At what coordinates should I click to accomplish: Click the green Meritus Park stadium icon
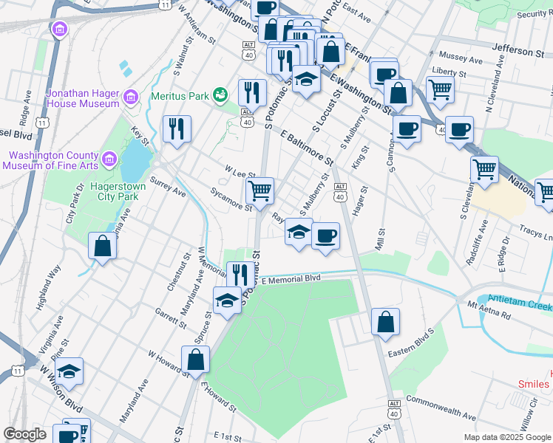click(220, 95)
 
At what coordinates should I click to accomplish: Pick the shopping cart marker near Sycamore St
click(259, 190)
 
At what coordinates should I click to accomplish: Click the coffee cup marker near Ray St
click(325, 236)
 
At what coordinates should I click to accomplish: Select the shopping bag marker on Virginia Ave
click(103, 246)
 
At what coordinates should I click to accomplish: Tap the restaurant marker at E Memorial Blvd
click(237, 275)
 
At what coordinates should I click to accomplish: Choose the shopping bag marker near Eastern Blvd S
click(385, 322)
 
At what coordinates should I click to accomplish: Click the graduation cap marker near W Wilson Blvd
click(69, 371)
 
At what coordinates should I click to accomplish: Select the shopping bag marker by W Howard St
click(196, 360)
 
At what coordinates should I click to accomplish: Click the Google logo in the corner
click(25, 433)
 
